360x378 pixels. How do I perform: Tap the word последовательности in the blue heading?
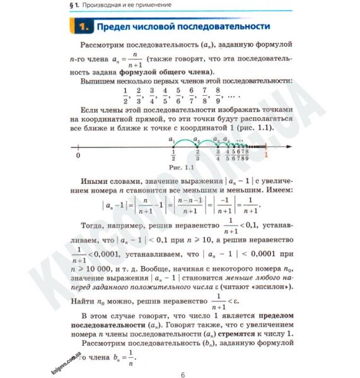click(x=229, y=27)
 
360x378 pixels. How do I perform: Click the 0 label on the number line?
click(x=78, y=155)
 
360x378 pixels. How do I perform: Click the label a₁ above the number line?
click(x=171, y=139)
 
